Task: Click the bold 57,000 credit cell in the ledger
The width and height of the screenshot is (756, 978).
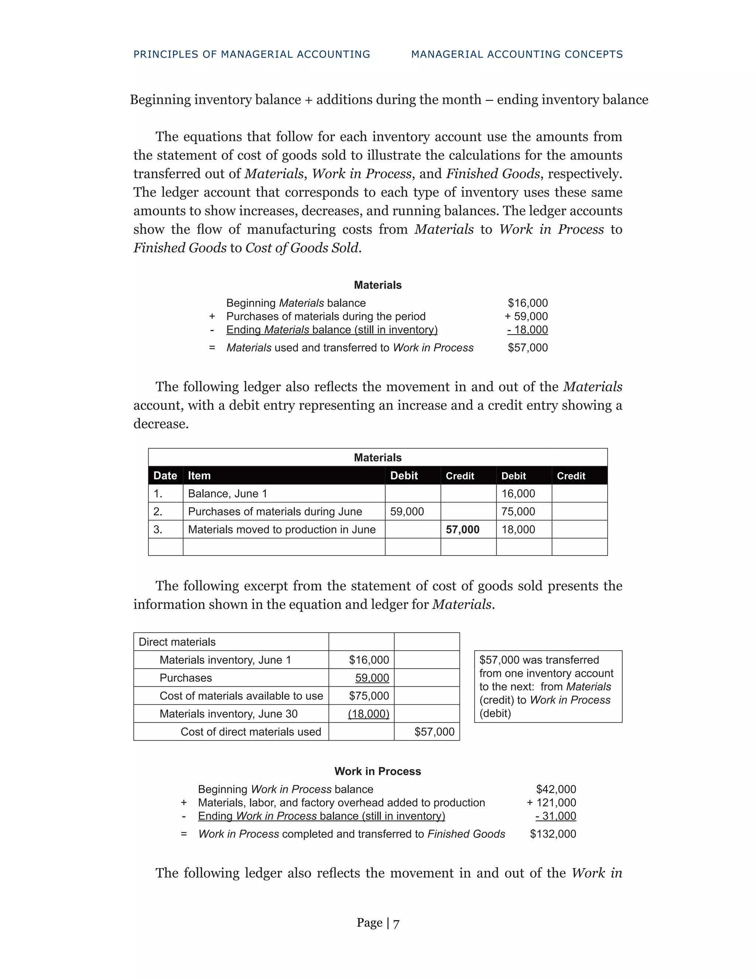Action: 462,529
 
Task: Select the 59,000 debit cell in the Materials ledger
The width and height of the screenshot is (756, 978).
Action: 407,512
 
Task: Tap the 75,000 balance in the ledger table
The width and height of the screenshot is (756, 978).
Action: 518,512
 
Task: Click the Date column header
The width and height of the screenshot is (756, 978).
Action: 165,476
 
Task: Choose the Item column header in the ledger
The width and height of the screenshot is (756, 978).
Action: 199,476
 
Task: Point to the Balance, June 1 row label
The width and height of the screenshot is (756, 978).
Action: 227,493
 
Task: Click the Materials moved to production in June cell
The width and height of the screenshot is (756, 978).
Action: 282,529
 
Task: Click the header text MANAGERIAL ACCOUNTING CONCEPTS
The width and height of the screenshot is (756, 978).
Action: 517,54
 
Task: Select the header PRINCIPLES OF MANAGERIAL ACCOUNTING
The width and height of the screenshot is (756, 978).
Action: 252,54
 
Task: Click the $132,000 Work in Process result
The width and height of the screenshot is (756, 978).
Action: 553,834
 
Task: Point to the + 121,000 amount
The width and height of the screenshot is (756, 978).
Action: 551,802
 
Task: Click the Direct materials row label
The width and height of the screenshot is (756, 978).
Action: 177,642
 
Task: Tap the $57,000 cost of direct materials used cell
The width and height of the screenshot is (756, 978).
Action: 434,732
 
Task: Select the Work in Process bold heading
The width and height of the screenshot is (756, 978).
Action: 378,771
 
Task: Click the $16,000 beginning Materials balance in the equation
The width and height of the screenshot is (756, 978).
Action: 528,303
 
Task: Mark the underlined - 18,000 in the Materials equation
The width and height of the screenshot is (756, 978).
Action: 528,330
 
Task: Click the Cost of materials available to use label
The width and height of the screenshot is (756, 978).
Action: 241,696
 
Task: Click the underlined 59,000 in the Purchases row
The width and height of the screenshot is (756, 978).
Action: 372,678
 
